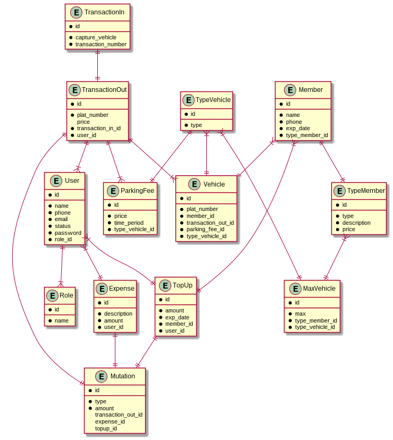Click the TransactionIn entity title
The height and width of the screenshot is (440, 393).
coord(104,12)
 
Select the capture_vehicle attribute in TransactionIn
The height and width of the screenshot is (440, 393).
coord(96,38)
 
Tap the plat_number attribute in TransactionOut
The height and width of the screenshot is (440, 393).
coord(93,115)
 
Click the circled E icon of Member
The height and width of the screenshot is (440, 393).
coord(290,90)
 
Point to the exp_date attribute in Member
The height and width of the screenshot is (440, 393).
coord(298,129)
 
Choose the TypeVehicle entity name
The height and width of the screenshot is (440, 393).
coord(213,100)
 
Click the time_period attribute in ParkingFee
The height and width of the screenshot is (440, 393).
coord(129,223)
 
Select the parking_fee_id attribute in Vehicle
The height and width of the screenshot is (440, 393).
coord(205,230)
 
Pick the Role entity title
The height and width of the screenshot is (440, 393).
coord(66,295)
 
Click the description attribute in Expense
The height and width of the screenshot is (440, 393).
coord(118,314)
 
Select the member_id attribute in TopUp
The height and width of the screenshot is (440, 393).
coord(179,324)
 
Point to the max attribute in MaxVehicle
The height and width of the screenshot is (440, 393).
coord(300,314)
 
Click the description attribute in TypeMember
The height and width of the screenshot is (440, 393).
coord(356,223)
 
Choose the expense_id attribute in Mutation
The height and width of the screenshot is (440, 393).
coord(110,421)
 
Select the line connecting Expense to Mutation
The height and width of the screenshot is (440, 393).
coord(115,350)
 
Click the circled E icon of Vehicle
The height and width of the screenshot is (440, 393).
coord(194,184)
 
